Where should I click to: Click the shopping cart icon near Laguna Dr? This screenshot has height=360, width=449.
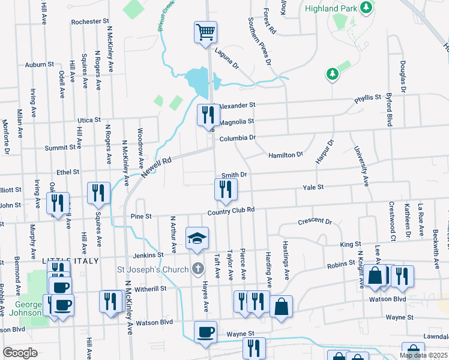[x=205, y=31]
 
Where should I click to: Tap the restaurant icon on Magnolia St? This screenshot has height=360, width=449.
[x=208, y=114]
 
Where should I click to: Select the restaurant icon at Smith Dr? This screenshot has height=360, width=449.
[x=226, y=190]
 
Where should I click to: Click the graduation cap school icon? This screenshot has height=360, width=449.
[x=197, y=239]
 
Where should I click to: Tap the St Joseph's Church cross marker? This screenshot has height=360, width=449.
[x=199, y=269]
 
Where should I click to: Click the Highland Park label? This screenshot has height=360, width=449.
[x=330, y=9]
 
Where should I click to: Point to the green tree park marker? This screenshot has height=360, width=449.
[x=331, y=74]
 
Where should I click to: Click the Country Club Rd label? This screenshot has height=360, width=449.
[x=232, y=211]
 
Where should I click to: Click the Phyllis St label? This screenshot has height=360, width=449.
[x=368, y=97]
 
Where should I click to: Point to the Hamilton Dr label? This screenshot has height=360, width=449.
[x=285, y=155]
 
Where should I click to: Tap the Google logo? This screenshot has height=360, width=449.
[x=20, y=352]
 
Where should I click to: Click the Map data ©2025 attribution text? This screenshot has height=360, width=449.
[x=423, y=355]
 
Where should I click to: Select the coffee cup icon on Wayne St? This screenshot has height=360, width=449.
[x=205, y=332]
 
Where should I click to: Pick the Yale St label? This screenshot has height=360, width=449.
[x=313, y=187]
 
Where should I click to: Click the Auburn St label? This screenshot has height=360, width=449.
[x=40, y=64]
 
